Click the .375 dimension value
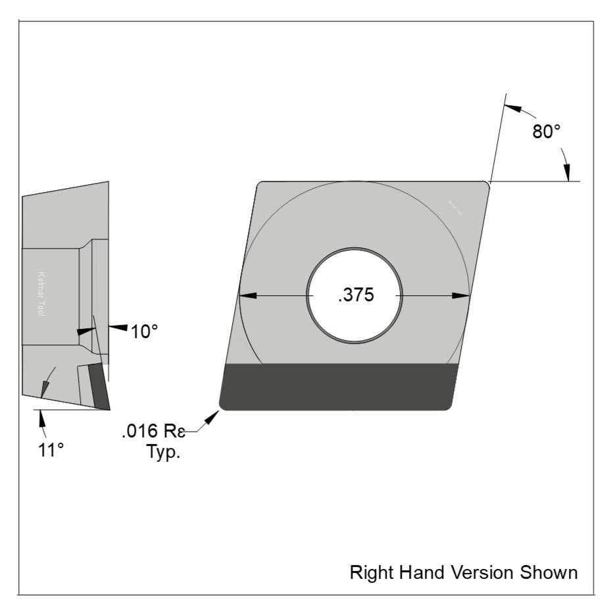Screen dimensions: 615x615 pyautogui.click(x=355, y=295)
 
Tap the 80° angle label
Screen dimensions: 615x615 pyautogui.click(x=546, y=131)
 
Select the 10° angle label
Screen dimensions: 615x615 pyautogui.click(x=144, y=332)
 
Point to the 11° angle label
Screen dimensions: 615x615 pyautogui.click(x=50, y=450)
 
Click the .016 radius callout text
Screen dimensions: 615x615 pyautogui.click(x=153, y=432)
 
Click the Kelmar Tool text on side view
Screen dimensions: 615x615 pyautogui.click(x=41, y=295)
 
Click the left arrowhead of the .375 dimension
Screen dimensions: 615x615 pyautogui.click(x=247, y=296)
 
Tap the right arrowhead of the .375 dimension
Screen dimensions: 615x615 pyautogui.click(x=462, y=296)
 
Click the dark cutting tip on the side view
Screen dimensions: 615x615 pyautogui.click(x=99, y=386)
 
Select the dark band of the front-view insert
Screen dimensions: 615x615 pyautogui.click(x=339, y=387)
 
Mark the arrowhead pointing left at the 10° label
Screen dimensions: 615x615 pyautogui.click(x=116, y=327)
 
